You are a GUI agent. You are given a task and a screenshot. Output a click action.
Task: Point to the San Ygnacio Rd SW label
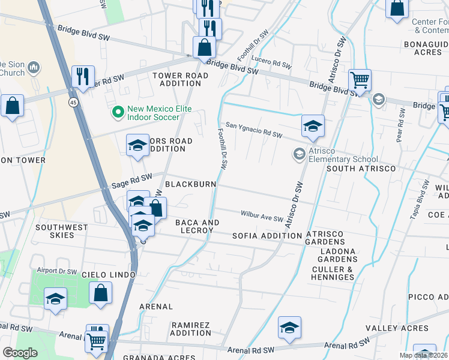pyautogui.click(x=254, y=131)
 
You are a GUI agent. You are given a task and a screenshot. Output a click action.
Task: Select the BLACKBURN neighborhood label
pyautogui.click(x=190, y=184)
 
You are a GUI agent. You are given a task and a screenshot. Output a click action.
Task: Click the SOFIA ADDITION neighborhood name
pyautogui.click(x=267, y=236)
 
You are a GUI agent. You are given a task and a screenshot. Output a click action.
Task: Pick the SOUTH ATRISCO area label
pyautogui.click(x=360, y=169)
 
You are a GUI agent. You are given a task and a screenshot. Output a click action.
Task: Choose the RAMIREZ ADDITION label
pyautogui.click(x=191, y=329)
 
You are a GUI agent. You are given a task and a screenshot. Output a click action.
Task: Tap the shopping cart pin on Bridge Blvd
pyautogui.click(x=360, y=80)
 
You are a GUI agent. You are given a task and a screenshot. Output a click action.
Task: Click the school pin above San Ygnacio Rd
pyautogui.click(x=313, y=126)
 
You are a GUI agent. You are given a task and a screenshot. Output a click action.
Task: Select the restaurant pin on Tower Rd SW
pyautogui.click(x=82, y=76)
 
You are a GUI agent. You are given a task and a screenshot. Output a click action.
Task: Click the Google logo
pyautogui.click(x=20, y=353)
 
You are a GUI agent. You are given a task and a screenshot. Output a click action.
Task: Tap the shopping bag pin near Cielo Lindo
pyautogui.click(x=101, y=293)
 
